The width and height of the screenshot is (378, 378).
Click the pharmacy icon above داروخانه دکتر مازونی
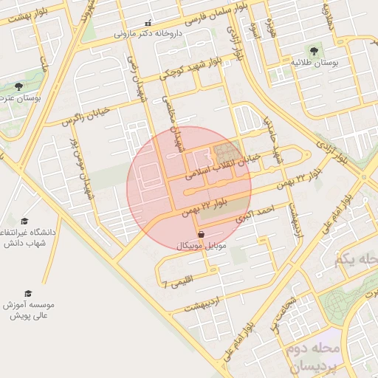(x=148, y=24)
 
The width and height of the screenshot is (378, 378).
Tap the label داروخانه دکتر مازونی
(x=148, y=34)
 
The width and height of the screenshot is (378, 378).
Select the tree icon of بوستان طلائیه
(x=315, y=52)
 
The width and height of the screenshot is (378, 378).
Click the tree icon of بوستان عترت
(x=18, y=86)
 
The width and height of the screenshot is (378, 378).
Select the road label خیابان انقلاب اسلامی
(x=221, y=166)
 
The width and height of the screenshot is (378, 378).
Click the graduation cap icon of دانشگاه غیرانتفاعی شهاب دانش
(x=24, y=221)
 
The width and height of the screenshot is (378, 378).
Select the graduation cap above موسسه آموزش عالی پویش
(x=28, y=293)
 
